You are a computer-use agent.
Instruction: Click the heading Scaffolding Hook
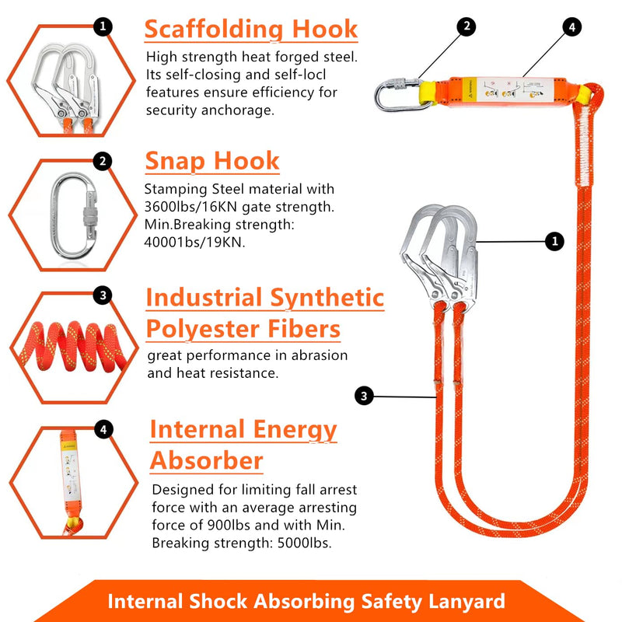(x=251, y=30)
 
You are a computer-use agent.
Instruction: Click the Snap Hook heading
(x=212, y=161)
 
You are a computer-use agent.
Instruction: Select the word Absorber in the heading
(x=206, y=460)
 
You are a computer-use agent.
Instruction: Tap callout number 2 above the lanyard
(x=466, y=26)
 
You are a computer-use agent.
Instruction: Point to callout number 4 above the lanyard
(x=571, y=26)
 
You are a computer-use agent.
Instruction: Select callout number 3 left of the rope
(x=363, y=396)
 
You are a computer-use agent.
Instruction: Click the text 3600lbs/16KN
(x=184, y=208)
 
